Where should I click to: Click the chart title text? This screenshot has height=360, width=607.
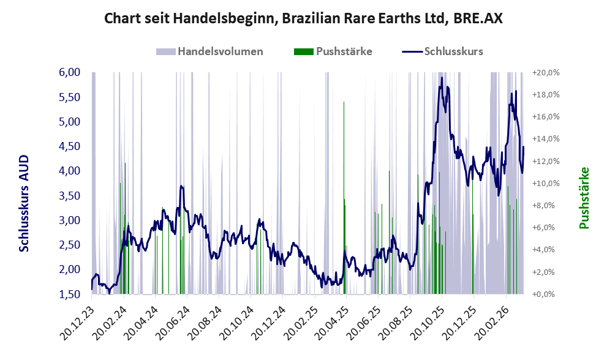click(303, 18)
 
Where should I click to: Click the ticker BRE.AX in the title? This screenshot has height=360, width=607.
click(475, 18)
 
